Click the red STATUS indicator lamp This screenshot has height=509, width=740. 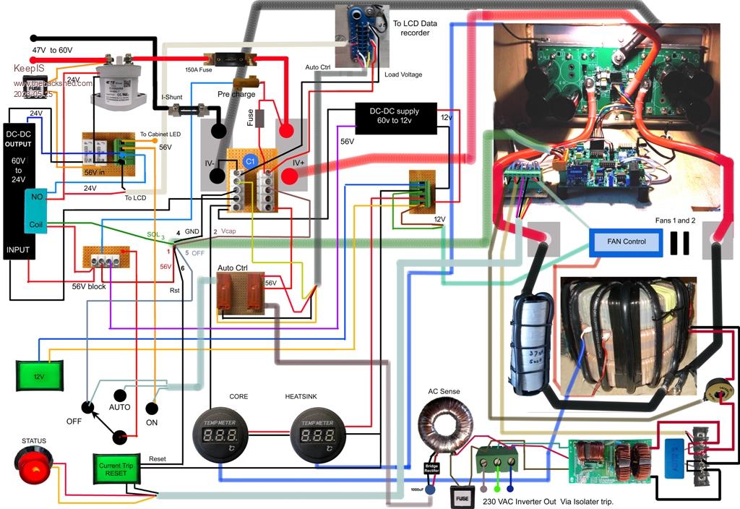pos(33,469)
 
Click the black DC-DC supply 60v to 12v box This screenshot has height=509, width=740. pos(396,118)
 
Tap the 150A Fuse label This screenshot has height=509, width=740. pos(199,69)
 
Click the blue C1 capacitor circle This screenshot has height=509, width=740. pos(250,161)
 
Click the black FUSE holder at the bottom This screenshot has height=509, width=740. pos(464,497)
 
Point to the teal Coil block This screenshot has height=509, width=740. pos(35,224)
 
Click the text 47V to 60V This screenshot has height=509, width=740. pos(52,50)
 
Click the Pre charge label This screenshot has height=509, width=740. pos(236,94)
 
